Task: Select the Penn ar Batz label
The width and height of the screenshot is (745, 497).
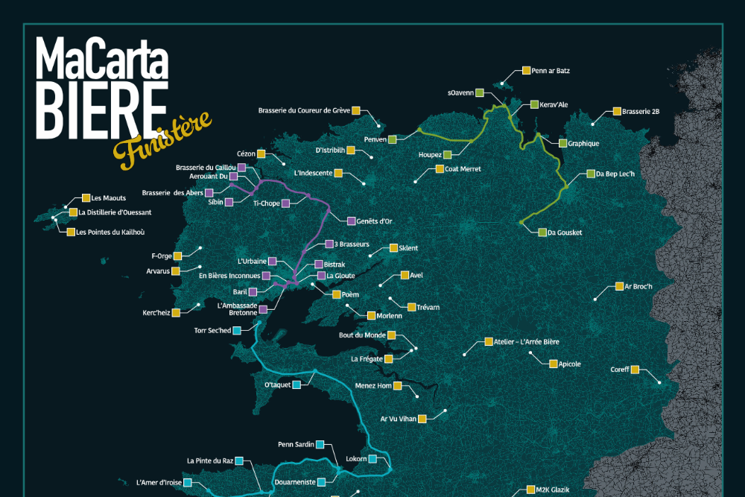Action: pyautogui.click(x=551, y=71)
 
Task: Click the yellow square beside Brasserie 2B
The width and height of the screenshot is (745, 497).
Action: pyautogui.click(x=617, y=111)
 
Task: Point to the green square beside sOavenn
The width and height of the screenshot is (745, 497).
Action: pyautogui.click(x=480, y=93)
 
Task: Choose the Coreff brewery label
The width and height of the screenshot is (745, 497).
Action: pyautogui.click(x=620, y=369)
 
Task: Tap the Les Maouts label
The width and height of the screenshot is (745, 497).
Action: pyautogui.click(x=108, y=198)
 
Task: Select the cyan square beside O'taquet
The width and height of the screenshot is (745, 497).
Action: pyautogui.click(x=297, y=384)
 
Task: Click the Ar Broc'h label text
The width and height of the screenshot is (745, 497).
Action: pyautogui.click(x=638, y=286)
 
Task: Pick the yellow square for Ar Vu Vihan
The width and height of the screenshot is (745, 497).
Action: pyautogui.click(x=422, y=419)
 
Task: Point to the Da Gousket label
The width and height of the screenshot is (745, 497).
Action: pyautogui.click(x=565, y=232)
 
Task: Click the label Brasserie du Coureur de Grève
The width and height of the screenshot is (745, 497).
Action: pyautogui.click(x=304, y=110)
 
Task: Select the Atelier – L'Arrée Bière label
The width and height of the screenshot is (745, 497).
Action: pyautogui.click(x=526, y=342)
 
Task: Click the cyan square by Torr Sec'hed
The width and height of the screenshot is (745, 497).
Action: pyautogui.click(x=237, y=330)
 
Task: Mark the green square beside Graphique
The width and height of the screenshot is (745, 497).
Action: pyautogui.click(x=562, y=143)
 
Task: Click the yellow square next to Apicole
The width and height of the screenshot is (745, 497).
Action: pyautogui.click(x=553, y=364)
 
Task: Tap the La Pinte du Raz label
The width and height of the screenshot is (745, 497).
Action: pyautogui.click(x=210, y=460)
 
